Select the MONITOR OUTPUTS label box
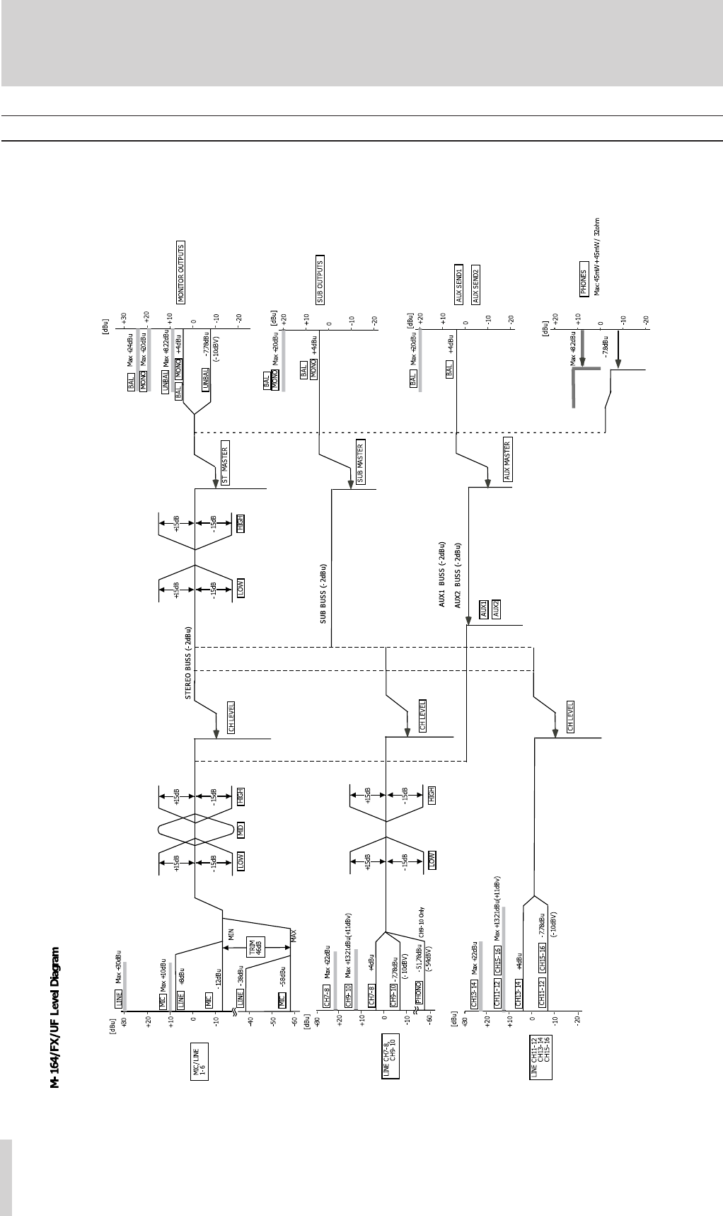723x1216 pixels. point(181,273)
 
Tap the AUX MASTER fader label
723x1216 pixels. point(507,459)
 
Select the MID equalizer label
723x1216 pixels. point(241,830)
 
